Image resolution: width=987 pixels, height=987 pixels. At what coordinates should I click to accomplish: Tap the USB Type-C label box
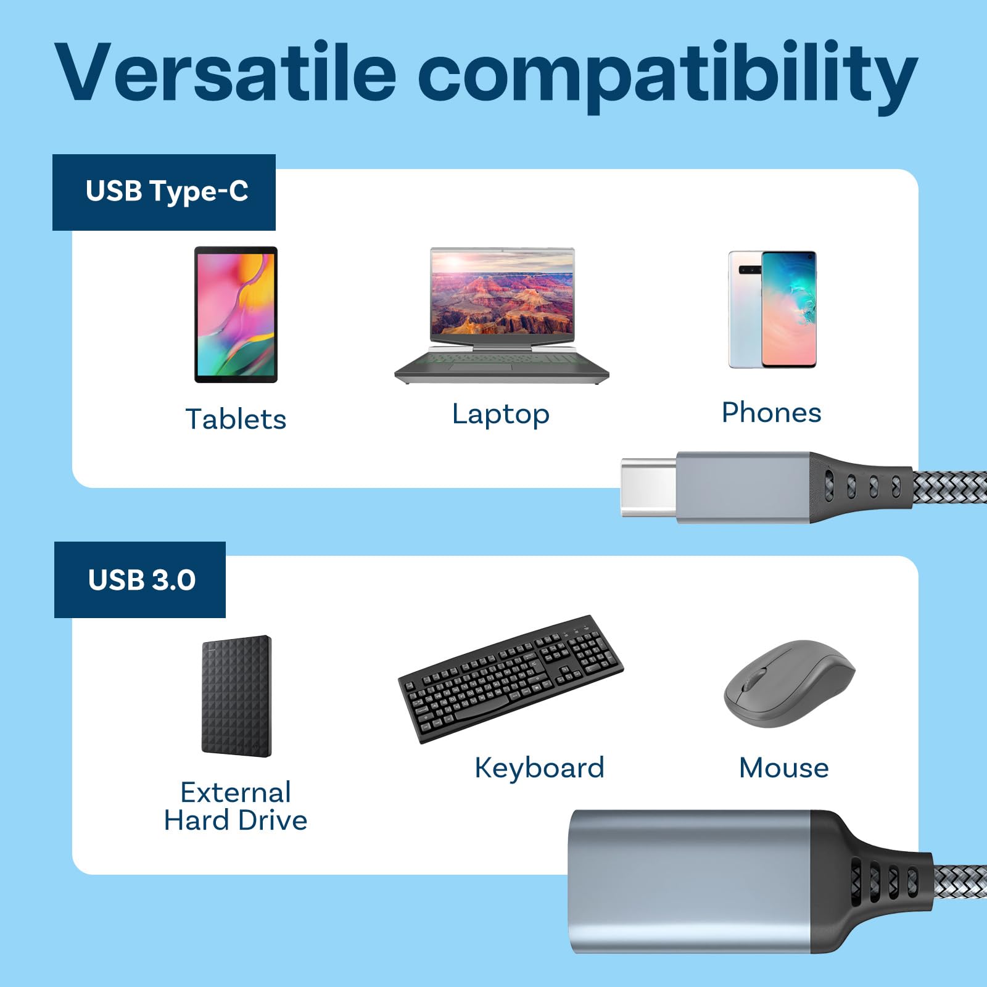[x=164, y=192]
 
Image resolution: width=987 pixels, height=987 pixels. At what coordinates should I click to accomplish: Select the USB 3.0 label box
[x=140, y=580]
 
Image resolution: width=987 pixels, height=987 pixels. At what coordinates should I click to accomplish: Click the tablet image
[x=236, y=314]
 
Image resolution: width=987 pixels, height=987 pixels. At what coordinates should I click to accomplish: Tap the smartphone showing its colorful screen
[x=790, y=308]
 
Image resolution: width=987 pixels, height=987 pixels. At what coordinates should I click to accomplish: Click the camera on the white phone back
[x=749, y=270]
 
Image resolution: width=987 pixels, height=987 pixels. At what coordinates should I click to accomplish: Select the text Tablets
[x=236, y=419]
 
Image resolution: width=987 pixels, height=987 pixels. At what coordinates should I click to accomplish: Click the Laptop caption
[x=500, y=414]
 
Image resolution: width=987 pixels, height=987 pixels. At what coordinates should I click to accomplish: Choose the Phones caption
[x=771, y=413]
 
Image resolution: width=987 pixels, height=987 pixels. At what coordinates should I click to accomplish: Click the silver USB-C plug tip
[x=648, y=487]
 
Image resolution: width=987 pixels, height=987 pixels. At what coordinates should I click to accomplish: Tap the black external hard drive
[x=236, y=696]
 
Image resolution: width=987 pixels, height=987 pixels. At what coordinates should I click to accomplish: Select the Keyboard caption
[x=539, y=768]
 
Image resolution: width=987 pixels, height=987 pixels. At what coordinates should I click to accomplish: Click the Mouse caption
[x=783, y=768]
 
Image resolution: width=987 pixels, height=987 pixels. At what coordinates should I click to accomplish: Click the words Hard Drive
[x=236, y=820]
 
